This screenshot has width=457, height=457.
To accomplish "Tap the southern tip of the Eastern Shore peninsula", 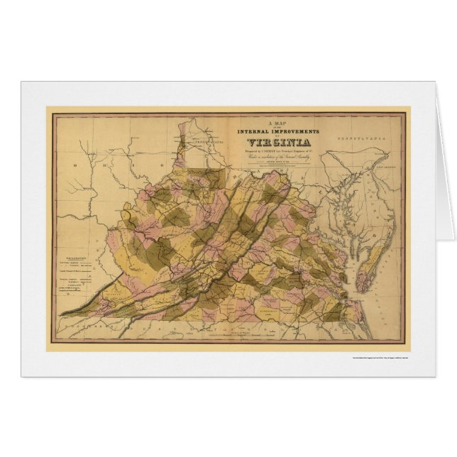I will pyautogui.click(x=360, y=288).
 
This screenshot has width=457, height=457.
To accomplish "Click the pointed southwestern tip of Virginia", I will pyautogui.click(x=61, y=313).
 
